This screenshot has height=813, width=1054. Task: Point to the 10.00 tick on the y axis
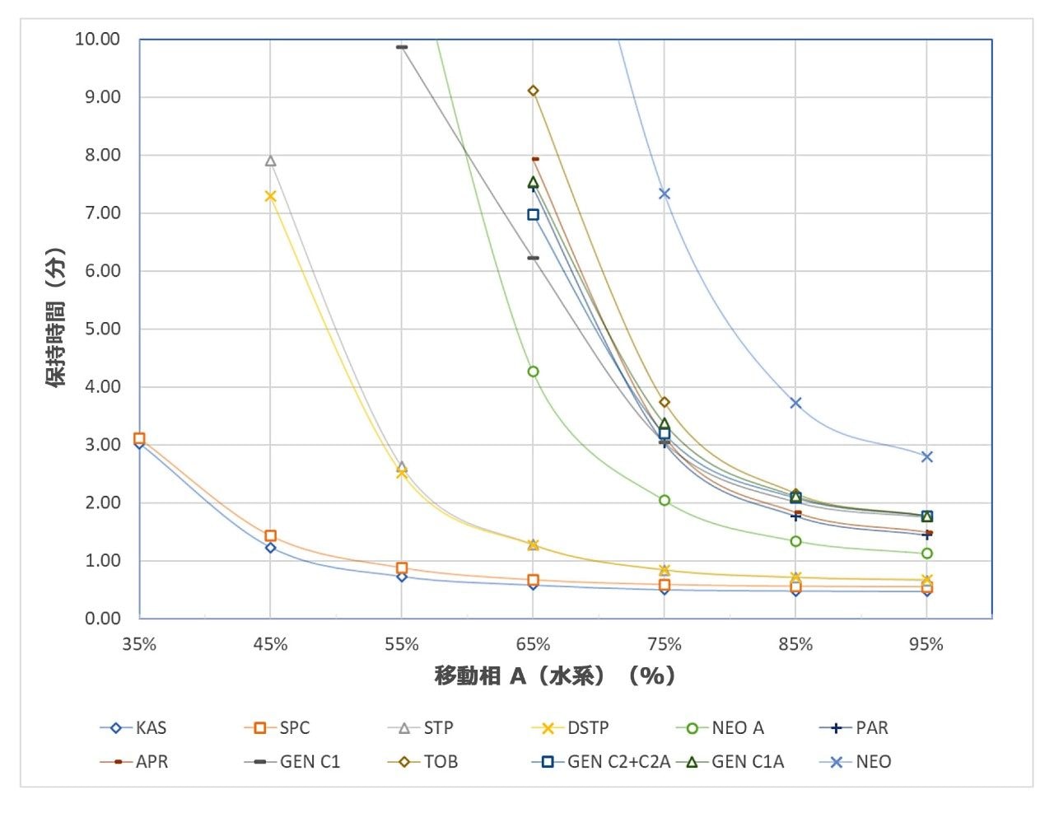tap(97, 40)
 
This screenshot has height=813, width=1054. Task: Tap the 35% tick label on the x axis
tap(139, 645)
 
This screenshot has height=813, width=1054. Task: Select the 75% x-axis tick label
tap(665, 645)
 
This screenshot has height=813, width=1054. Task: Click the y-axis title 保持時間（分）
tap(56, 318)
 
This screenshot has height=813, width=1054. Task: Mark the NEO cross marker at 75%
tap(665, 194)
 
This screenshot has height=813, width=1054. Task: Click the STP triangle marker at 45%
tap(270, 161)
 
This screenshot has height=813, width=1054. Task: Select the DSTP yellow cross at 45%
tap(270, 196)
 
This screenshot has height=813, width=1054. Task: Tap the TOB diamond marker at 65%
tap(534, 91)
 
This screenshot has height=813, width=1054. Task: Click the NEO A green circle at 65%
tap(534, 371)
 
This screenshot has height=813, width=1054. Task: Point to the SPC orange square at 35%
tap(139, 438)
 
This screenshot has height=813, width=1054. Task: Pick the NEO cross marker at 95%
tap(927, 456)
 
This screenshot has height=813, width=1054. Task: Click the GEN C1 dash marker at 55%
tap(402, 47)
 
